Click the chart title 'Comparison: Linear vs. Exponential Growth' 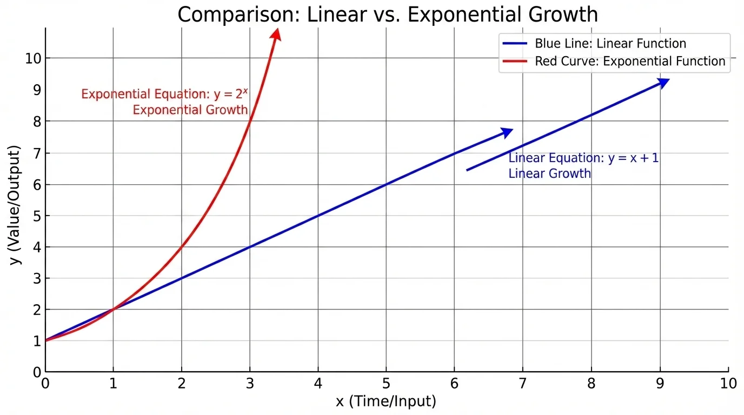[x=388, y=15]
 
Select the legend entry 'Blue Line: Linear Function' [x=610, y=44]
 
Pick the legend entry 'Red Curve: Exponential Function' [x=630, y=61]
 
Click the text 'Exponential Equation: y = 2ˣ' [x=164, y=94]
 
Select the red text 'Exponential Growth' [x=190, y=110]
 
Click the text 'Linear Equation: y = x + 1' [x=583, y=158]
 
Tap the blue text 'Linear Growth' [x=549, y=173]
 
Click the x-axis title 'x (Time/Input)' [x=386, y=401]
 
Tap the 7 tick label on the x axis [x=522, y=384]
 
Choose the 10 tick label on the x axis [x=728, y=384]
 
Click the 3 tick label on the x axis [x=250, y=384]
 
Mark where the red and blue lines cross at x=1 [x=114, y=309]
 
